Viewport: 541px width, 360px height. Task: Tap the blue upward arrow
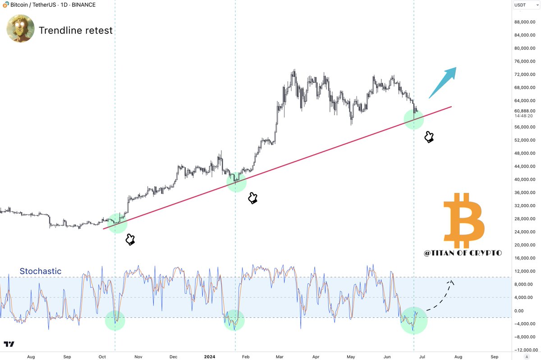click(x=442, y=82)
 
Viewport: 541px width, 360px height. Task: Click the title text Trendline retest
click(x=76, y=31)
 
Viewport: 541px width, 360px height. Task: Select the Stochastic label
click(x=41, y=271)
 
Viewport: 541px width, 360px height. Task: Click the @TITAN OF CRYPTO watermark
click(x=463, y=253)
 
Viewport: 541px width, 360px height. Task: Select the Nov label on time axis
click(x=138, y=356)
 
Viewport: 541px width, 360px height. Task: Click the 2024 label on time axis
click(x=209, y=356)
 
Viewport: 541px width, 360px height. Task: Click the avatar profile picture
click(x=20, y=28)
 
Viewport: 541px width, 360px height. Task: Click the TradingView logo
click(x=9, y=345)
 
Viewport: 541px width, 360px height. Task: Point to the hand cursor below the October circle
click(x=130, y=239)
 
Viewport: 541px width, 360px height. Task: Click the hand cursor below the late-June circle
click(x=429, y=137)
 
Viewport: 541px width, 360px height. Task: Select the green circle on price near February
click(x=236, y=181)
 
